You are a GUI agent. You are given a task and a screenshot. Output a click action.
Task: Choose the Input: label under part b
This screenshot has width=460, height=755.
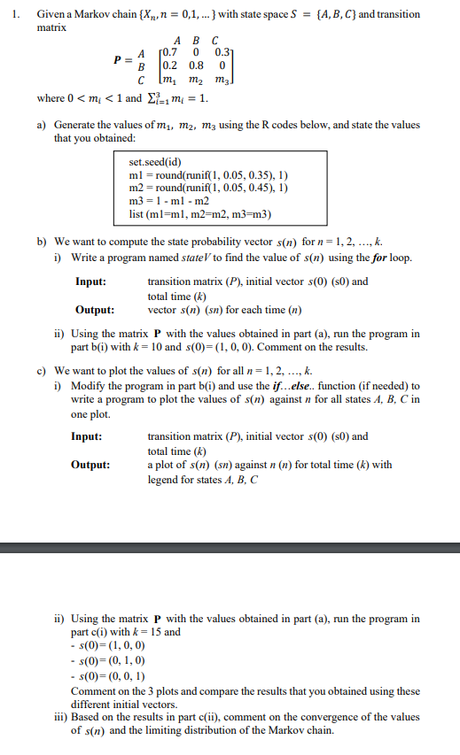(91, 282)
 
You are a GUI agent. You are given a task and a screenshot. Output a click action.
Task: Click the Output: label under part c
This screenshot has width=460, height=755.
(93, 465)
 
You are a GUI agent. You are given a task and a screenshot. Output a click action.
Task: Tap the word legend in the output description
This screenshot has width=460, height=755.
(162, 479)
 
